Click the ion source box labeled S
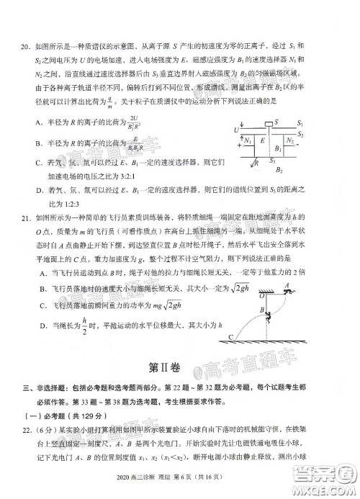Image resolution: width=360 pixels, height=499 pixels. tap(269, 122)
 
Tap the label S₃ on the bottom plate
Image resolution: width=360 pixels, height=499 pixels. tap(272, 161)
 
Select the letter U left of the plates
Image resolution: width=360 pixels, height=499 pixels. tap(236, 130)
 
